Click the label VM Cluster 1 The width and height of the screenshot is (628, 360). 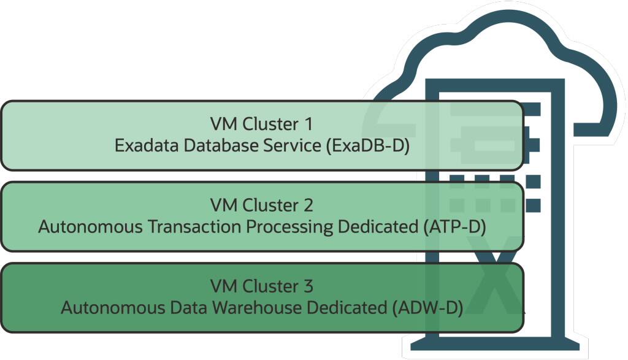point(262,124)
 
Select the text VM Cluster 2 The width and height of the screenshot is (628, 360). point(262,205)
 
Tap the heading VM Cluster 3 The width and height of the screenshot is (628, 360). point(262,286)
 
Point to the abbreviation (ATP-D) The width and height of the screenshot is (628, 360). point(454,226)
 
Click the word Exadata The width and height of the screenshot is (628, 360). point(143,146)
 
